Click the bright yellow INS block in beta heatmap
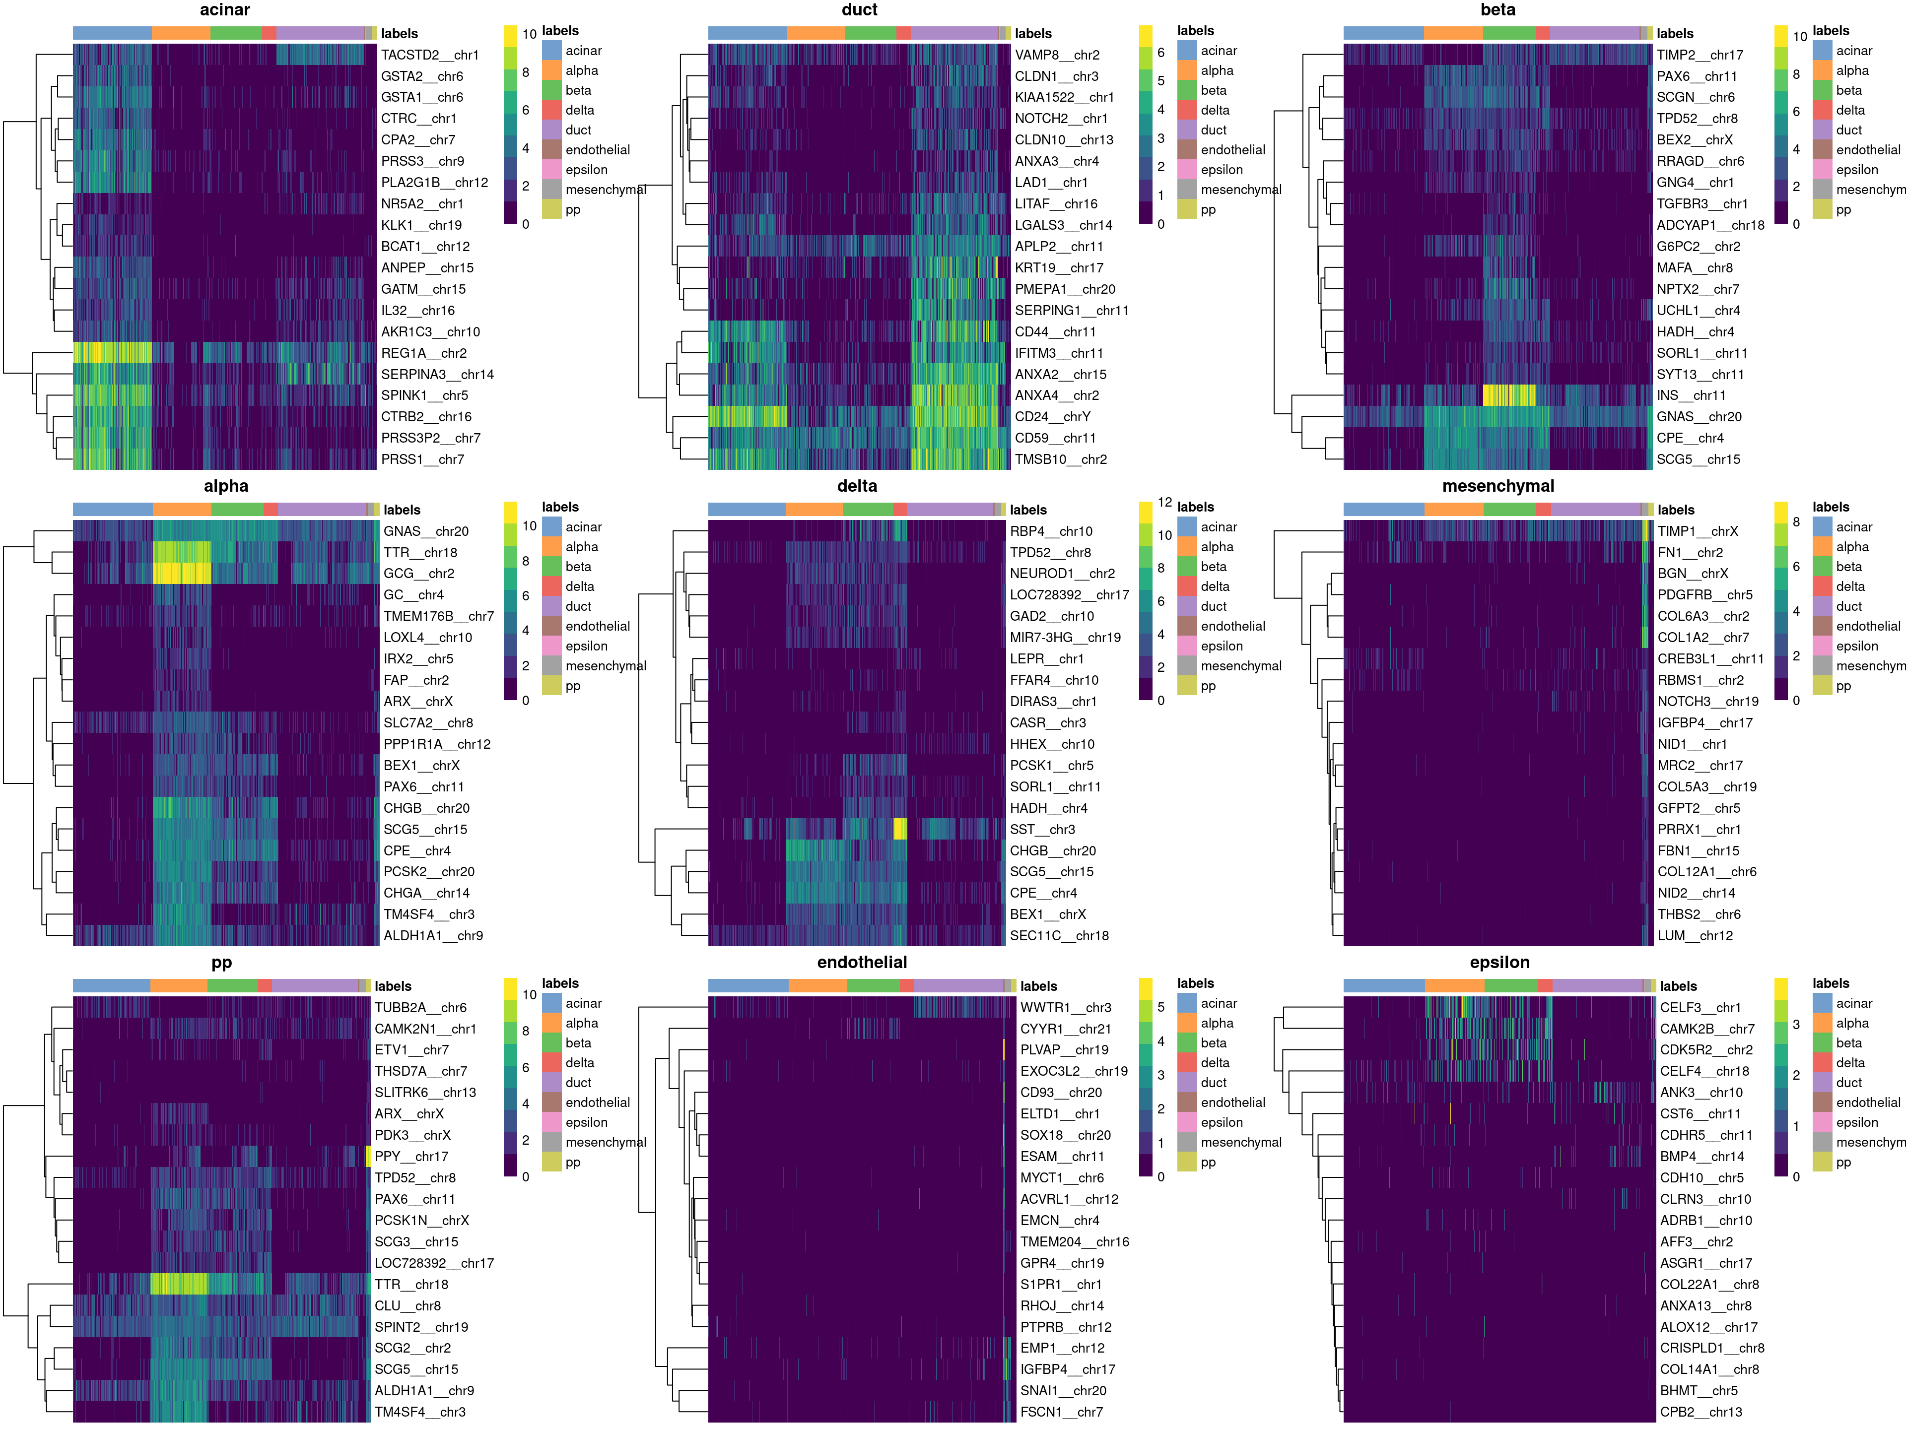1509,395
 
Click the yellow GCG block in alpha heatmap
182,574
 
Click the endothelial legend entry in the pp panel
597,1103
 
